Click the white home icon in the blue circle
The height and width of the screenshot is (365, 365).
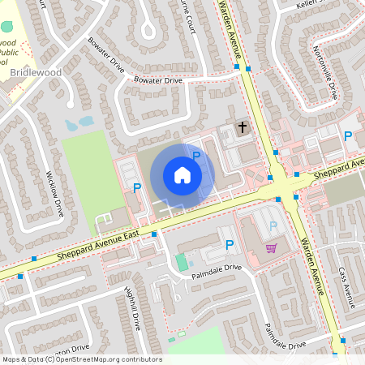coord(182,175)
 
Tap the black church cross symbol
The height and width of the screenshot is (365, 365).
coord(242,127)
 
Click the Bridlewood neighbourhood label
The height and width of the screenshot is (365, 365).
coord(36,73)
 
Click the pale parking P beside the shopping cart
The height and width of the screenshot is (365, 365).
coord(273,226)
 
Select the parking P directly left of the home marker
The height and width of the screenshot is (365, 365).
coord(136,187)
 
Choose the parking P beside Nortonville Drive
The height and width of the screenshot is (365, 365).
coord(348,136)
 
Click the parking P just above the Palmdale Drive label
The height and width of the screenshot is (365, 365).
coord(230,243)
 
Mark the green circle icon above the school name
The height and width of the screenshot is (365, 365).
coord(7,27)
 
